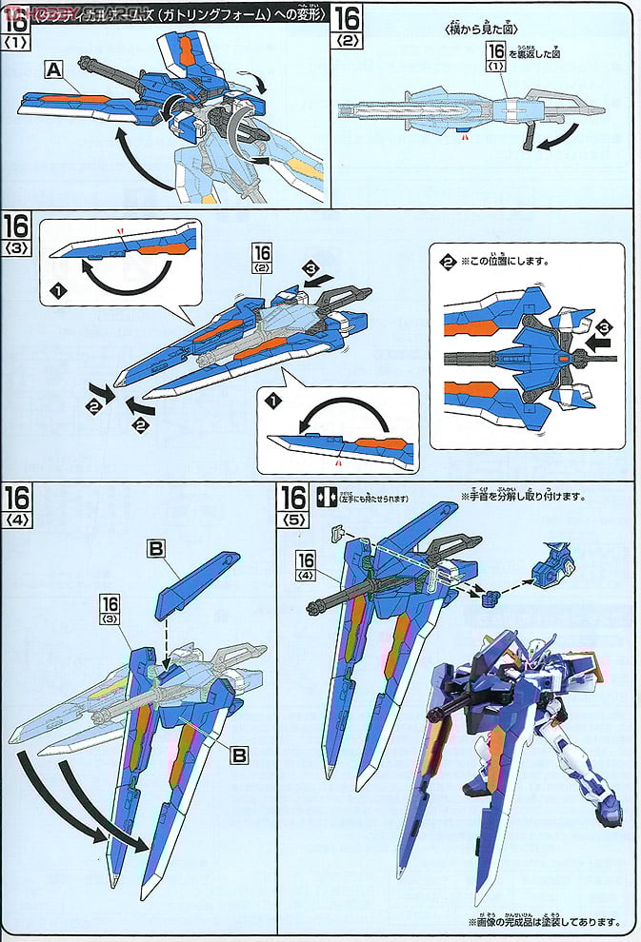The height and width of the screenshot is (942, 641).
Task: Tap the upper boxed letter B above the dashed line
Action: pos(158,549)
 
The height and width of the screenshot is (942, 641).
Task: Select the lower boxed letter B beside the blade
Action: pos(239,755)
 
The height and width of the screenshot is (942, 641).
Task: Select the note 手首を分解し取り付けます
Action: pos(522,497)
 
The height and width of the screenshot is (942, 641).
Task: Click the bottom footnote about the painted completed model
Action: pos(544,921)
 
